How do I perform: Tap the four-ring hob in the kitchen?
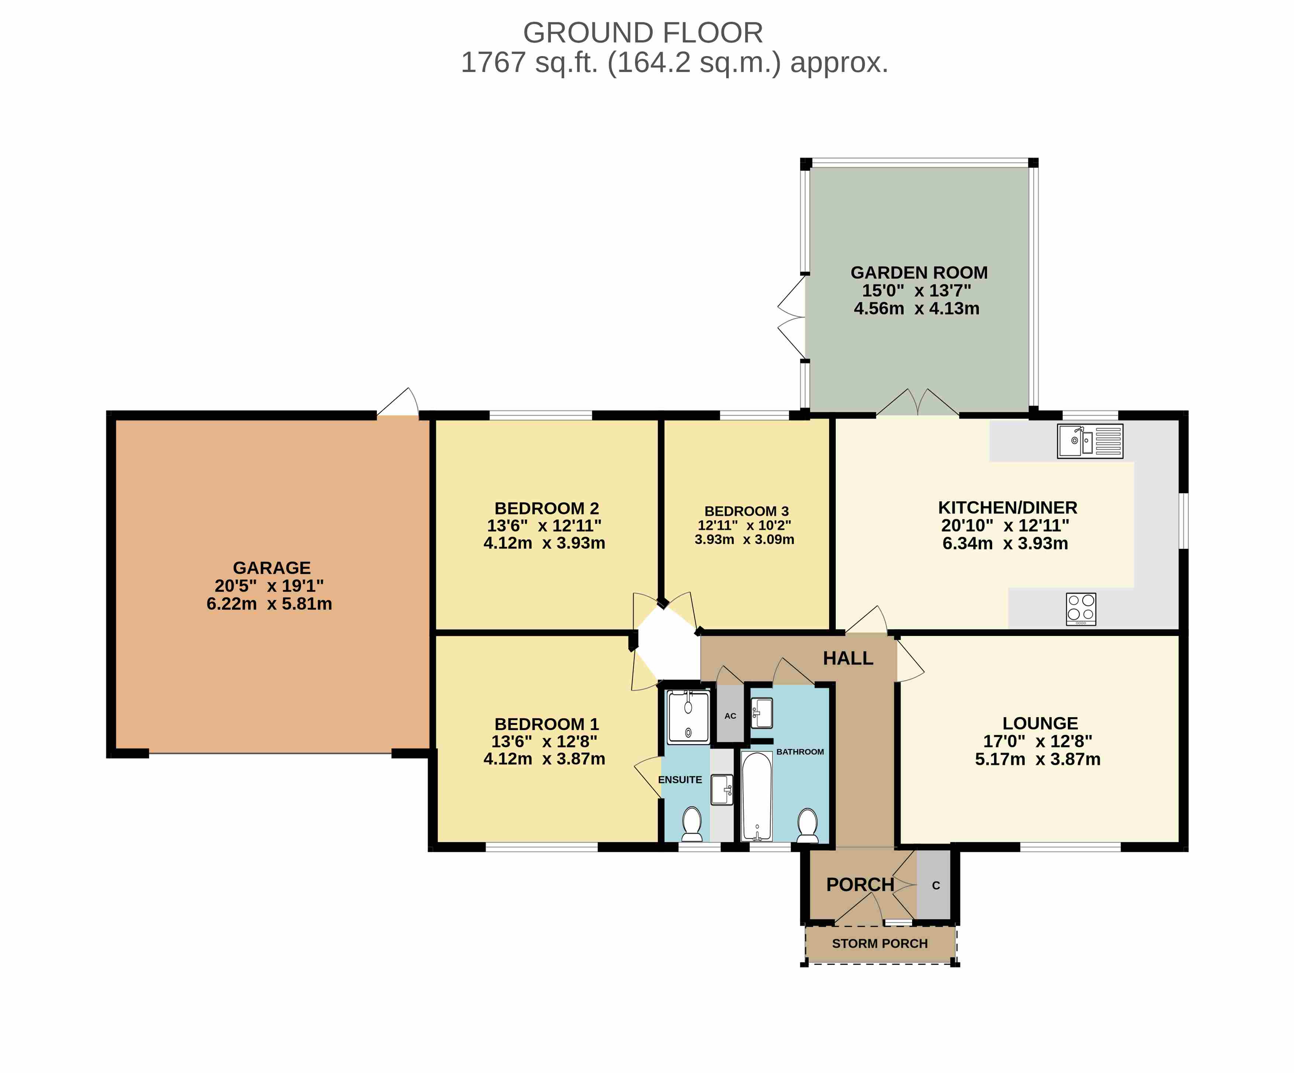pyautogui.click(x=1081, y=609)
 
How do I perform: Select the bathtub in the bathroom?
pyautogui.click(x=757, y=796)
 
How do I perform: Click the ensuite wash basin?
pyautogui.click(x=722, y=790)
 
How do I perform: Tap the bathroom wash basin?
pyautogui.click(x=762, y=713)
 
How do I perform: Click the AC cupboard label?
pyautogui.click(x=730, y=716)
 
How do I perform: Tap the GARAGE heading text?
pyautogui.click(x=272, y=568)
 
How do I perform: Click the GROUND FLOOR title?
pyautogui.click(x=643, y=32)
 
